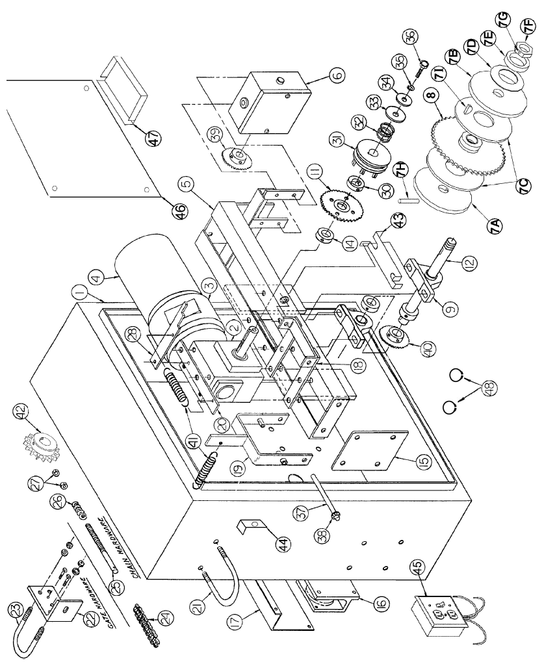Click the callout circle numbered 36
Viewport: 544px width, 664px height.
(x=411, y=37)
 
